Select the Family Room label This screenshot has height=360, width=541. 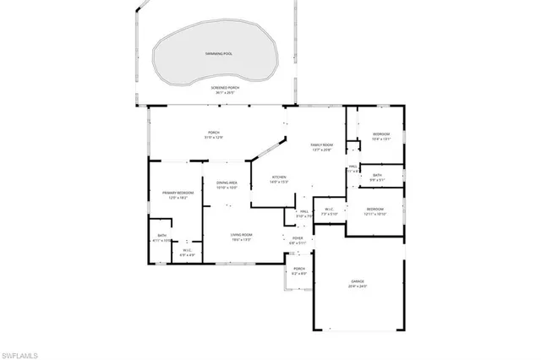(322, 145)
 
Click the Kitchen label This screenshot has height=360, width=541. (279, 178)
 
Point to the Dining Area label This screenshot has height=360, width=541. (226, 183)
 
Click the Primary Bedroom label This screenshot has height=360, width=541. (178, 193)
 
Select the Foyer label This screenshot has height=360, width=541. (298, 238)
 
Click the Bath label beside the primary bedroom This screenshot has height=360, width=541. (161, 236)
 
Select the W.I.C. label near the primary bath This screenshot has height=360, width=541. (188, 250)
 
